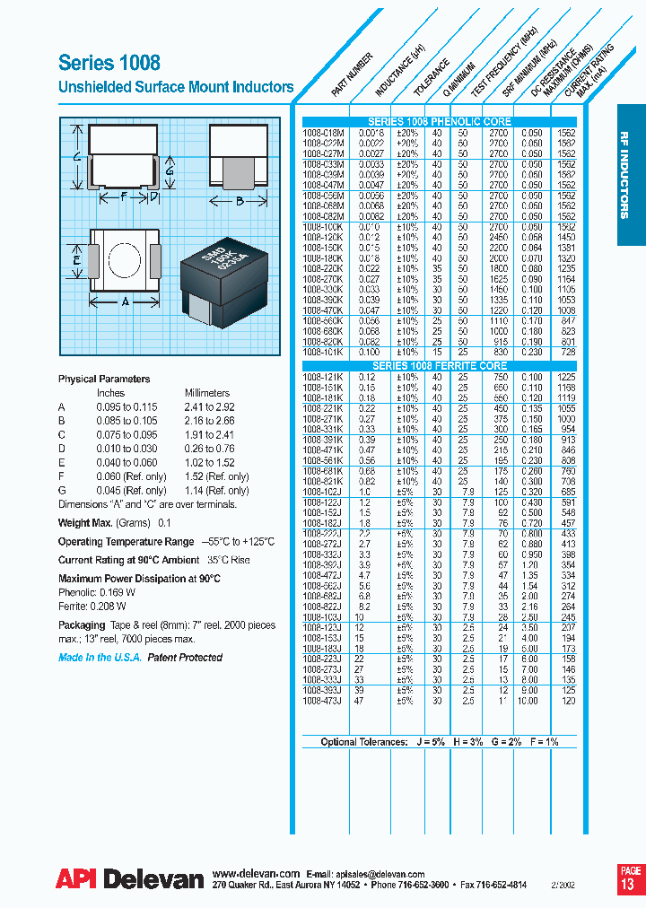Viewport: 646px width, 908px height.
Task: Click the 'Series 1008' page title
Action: point(109,63)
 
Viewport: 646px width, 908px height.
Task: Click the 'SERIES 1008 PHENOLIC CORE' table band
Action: point(440,121)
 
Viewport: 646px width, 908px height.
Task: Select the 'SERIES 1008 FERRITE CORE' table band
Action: point(440,366)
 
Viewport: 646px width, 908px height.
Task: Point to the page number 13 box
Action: point(630,877)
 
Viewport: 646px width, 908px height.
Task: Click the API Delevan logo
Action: point(129,880)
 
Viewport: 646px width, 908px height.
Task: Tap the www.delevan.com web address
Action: point(256,872)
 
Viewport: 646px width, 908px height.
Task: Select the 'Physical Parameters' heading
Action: point(104,379)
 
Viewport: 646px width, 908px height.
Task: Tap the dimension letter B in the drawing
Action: point(240,202)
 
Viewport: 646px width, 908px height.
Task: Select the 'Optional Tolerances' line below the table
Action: point(440,742)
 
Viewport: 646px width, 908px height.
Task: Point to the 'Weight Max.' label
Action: point(85,522)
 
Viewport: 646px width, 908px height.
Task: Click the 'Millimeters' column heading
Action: point(207,393)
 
